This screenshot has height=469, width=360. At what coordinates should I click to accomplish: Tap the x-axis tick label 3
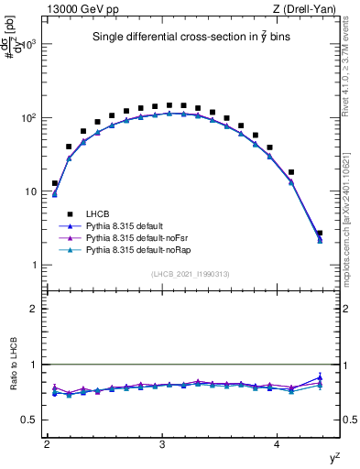(x=162, y=443)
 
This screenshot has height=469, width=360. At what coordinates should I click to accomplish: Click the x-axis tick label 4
(x=278, y=443)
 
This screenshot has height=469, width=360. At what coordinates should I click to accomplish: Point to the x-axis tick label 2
(x=47, y=443)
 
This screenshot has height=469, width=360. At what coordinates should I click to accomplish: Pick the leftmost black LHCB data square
(x=55, y=183)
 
